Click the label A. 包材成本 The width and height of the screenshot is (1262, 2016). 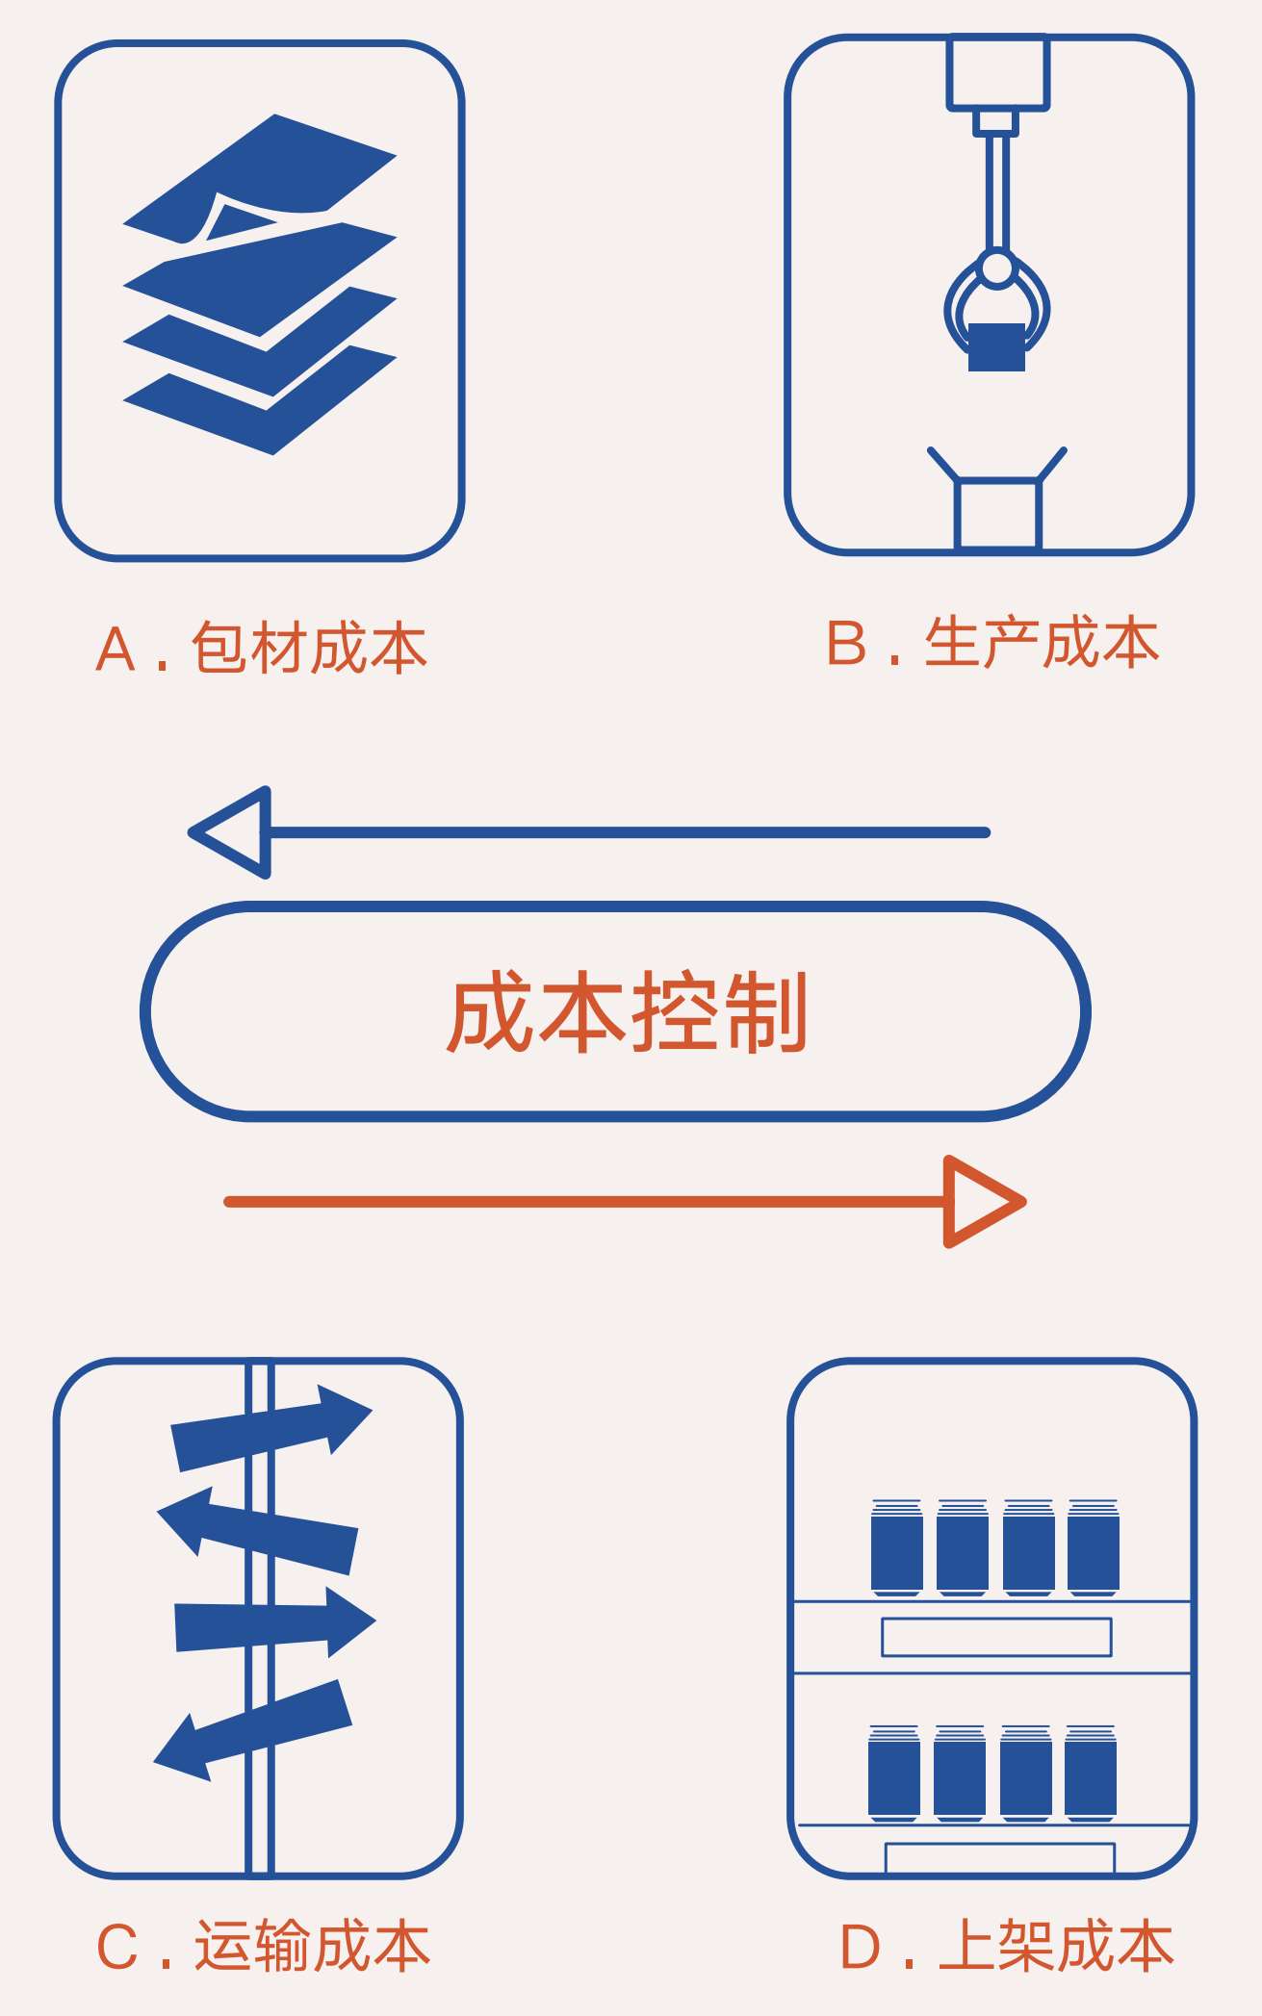(x=261, y=648)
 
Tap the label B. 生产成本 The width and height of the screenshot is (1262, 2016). (x=992, y=643)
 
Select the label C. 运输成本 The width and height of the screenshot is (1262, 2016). (x=262, y=1946)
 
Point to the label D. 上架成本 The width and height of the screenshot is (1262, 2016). (x=1007, y=1946)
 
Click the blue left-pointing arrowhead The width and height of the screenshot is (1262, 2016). (x=230, y=832)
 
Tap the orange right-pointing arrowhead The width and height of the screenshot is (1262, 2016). (x=985, y=1201)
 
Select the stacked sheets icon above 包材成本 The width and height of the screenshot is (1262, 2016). (x=260, y=284)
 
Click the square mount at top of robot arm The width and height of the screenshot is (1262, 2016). (x=997, y=72)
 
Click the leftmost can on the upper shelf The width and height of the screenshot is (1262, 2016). (x=896, y=1547)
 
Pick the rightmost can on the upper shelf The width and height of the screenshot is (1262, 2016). (x=1094, y=1547)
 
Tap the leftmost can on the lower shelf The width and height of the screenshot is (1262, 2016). (x=893, y=1774)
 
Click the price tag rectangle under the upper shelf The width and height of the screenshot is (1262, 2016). (x=996, y=1637)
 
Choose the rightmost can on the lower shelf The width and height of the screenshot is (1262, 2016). (x=1091, y=1774)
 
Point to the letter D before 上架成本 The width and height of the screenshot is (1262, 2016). (x=861, y=1947)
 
